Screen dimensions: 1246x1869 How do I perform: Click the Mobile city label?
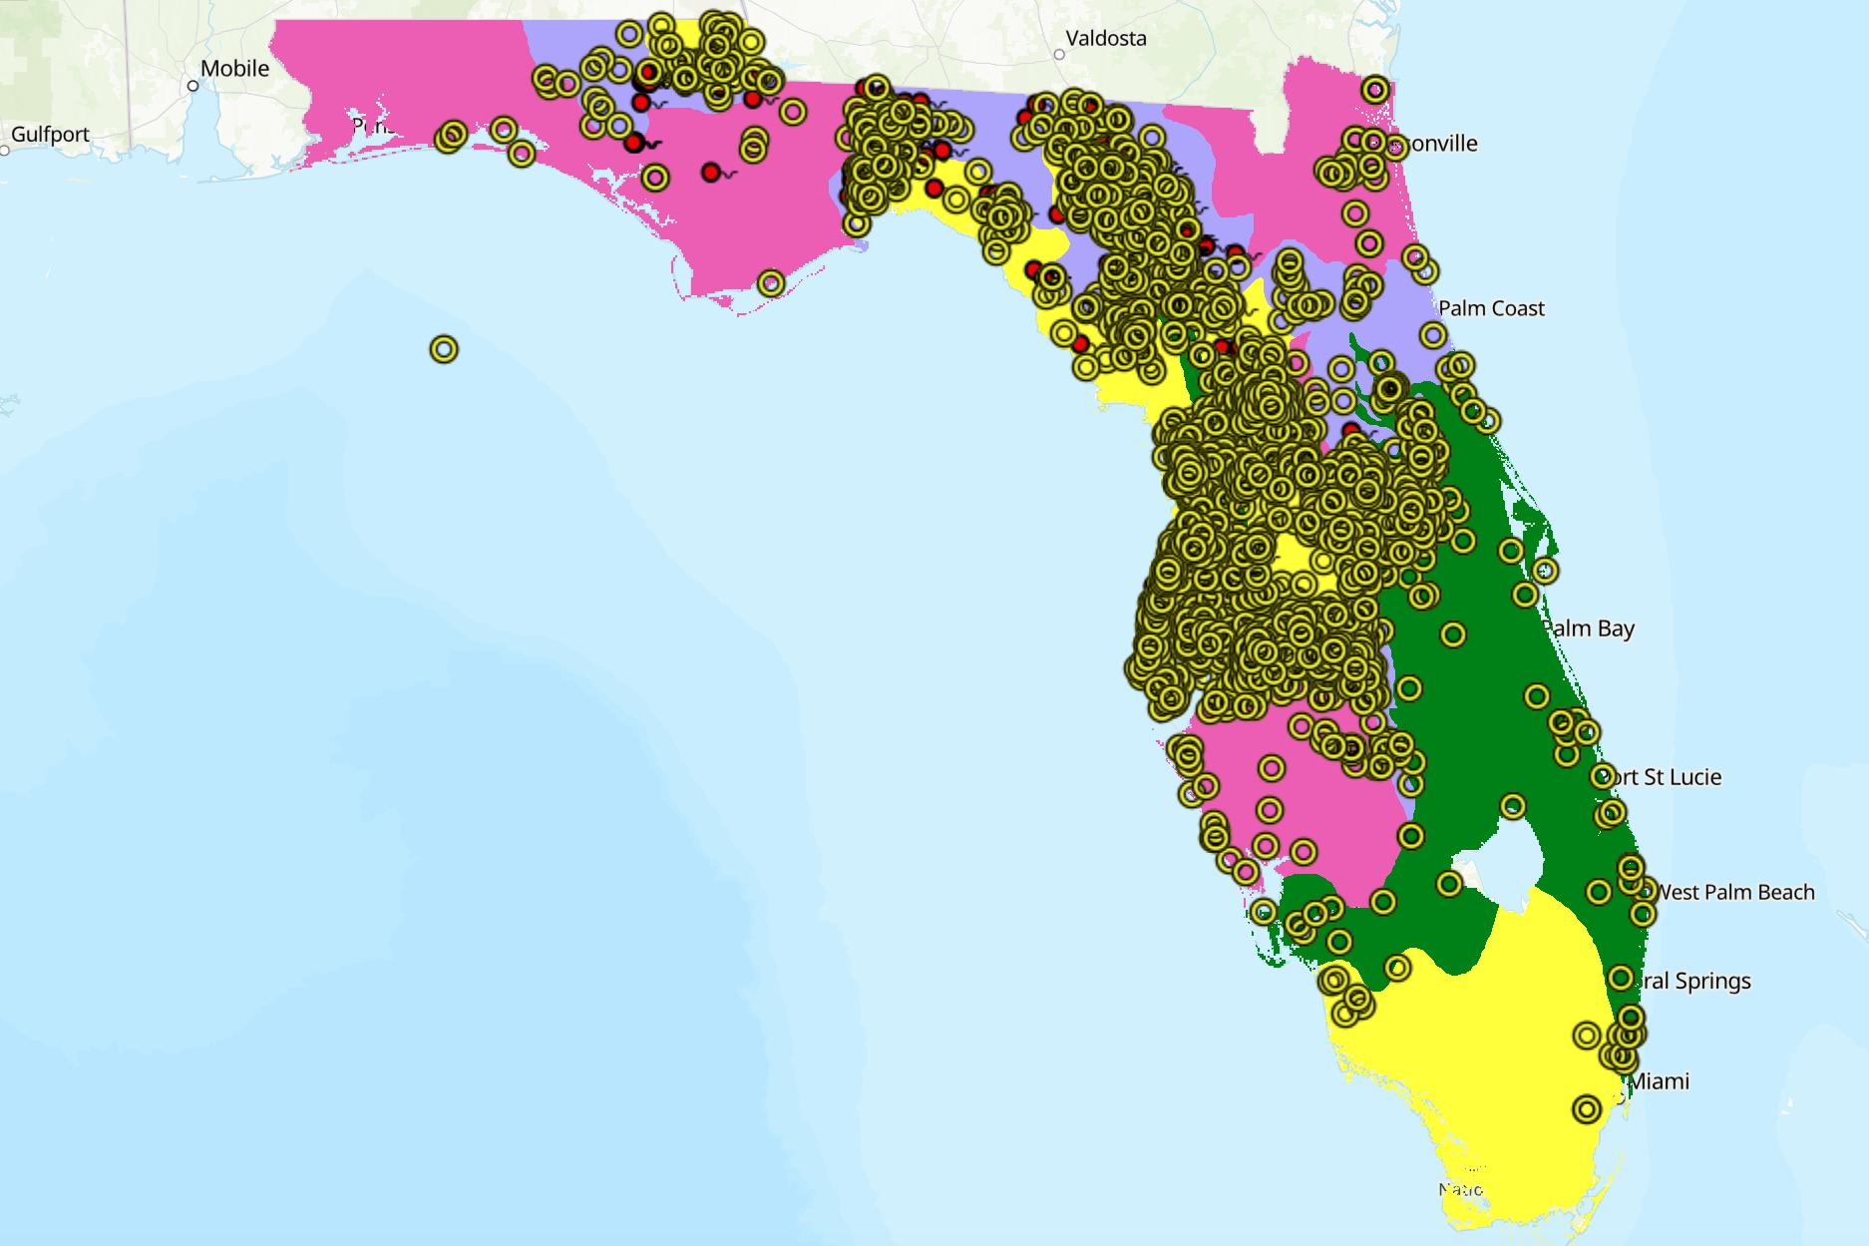point(234,69)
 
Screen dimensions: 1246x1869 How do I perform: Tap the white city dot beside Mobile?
point(193,86)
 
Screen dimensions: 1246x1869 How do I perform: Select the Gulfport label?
point(50,135)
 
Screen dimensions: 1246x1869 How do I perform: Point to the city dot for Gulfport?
point(4,151)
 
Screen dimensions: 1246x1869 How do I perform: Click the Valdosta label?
point(1106,39)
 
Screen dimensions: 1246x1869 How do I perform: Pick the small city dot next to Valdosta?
point(1059,55)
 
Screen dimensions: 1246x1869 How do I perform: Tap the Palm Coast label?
point(1491,309)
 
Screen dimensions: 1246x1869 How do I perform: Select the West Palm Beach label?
point(1735,893)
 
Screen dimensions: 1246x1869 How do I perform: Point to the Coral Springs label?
point(1695,982)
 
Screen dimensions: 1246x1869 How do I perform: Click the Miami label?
point(1659,1081)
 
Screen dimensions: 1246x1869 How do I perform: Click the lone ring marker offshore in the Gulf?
point(444,349)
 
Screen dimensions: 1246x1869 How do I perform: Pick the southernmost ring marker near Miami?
point(1587,1109)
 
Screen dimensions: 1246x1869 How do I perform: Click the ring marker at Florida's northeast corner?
point(1375,89)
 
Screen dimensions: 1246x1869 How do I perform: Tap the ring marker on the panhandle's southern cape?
point(770,283)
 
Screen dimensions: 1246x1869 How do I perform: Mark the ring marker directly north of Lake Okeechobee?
point(1513,806)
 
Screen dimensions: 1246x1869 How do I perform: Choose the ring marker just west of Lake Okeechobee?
point(1449,883)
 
